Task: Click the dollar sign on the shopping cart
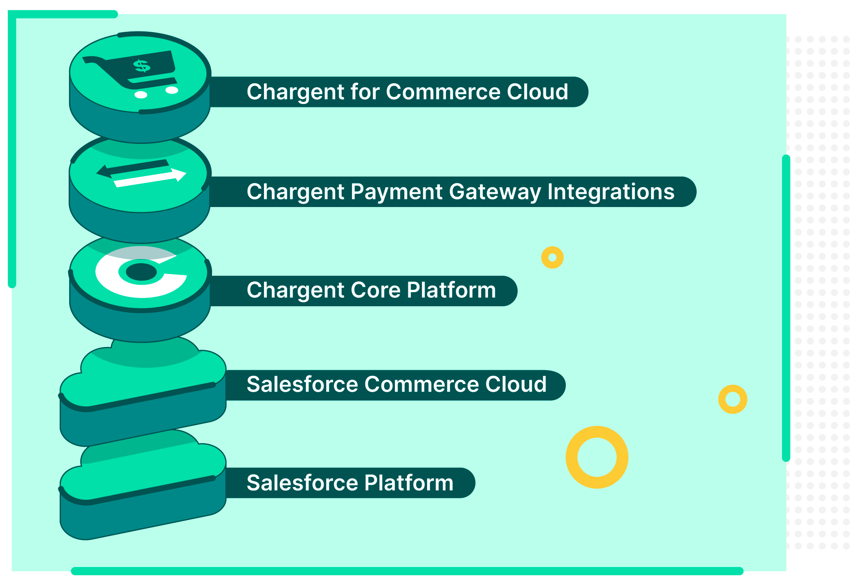point(142,66)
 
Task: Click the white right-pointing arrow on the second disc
point(150,177)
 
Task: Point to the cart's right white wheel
point(172,90)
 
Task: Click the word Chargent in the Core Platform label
point(295,290)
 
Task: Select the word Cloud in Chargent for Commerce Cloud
point(538,92)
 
